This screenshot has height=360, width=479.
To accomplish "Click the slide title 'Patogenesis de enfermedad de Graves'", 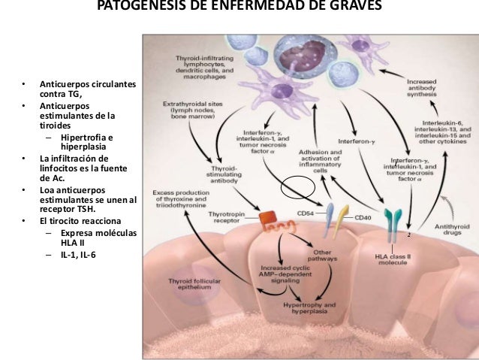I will tap(239, 7).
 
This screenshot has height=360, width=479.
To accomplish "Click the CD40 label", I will tap(363, 218).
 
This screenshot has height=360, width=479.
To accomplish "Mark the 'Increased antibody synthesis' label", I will tap(426, 89).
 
